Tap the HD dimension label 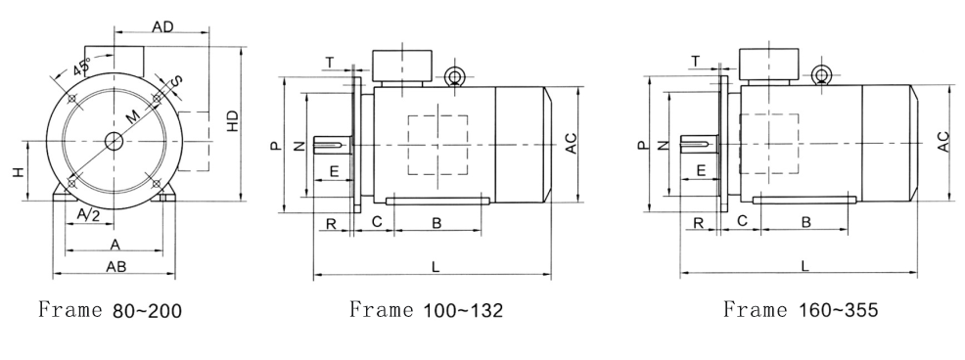pos(233,120)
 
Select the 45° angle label pos(81,66)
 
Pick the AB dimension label pos(115,266)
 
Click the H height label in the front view pos(20,172)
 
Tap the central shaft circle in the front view pos(114,142)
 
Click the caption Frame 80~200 pos(111,309)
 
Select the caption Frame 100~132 pos(426,309)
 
